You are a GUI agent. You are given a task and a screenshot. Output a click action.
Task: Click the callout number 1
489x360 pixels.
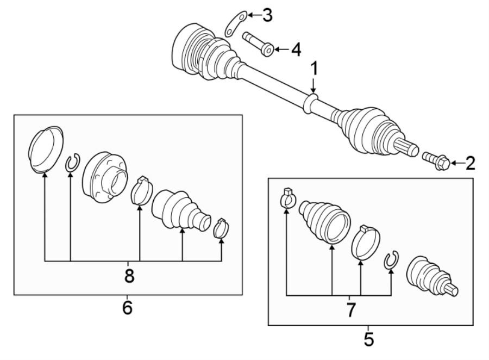[x=314, y=69]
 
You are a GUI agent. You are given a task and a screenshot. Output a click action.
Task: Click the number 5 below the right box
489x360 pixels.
[x=368, y=340]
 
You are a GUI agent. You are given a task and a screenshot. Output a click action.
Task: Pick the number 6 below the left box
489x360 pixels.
[x=127, y=308]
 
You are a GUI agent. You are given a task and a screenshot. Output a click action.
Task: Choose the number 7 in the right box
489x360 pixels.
[x=350, y=310]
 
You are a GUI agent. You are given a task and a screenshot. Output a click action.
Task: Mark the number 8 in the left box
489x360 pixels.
[x=129, y=276]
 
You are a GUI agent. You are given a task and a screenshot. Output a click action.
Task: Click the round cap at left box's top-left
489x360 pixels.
[x=46, y=150]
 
